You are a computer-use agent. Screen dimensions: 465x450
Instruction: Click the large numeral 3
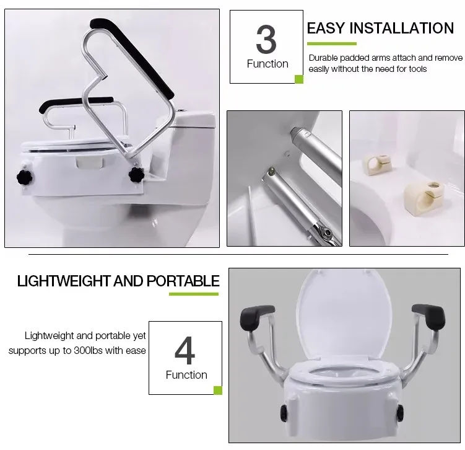[266, 39]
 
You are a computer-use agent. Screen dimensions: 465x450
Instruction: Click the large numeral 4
[185, 350]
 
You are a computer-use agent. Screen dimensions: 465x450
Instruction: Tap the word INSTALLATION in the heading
[402, 29]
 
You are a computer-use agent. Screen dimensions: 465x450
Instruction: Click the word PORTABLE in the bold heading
[183, 281]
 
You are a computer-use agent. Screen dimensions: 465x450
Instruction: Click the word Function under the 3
[267, 64]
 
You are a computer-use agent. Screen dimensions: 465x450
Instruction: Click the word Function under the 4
[186, 375]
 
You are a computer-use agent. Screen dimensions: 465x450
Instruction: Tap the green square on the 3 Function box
[299, 79]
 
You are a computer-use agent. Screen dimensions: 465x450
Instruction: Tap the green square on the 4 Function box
[218, 390]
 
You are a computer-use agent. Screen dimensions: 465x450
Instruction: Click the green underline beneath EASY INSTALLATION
[331, 43]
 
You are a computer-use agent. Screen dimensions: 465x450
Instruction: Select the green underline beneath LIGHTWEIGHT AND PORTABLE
[194, 294]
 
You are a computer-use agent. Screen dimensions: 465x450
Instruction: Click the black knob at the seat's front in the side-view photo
[25, 178]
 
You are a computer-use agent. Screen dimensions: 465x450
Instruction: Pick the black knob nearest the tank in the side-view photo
[136, 175]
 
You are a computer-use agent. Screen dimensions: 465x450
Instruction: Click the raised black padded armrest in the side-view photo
[132, 58]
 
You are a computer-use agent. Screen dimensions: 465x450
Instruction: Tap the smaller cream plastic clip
[376, 164]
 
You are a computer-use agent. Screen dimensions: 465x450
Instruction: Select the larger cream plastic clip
[424, 196]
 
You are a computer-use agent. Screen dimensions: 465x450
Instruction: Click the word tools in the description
[417, 69]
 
